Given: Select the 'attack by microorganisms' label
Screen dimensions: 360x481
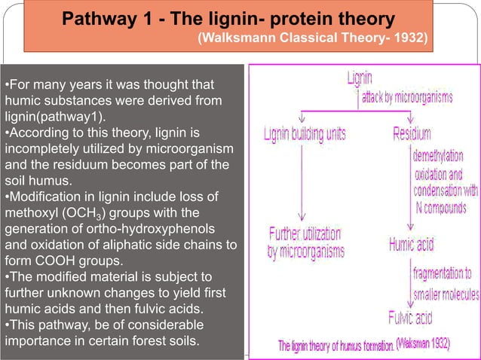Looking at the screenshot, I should point(407,97).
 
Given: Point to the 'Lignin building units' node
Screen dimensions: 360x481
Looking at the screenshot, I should point(305,134).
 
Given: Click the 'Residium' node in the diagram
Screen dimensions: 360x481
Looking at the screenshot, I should point(412,134).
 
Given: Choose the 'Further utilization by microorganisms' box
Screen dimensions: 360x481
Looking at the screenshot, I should point(305,242).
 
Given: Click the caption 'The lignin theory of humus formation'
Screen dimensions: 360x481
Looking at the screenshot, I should point(336,346).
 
